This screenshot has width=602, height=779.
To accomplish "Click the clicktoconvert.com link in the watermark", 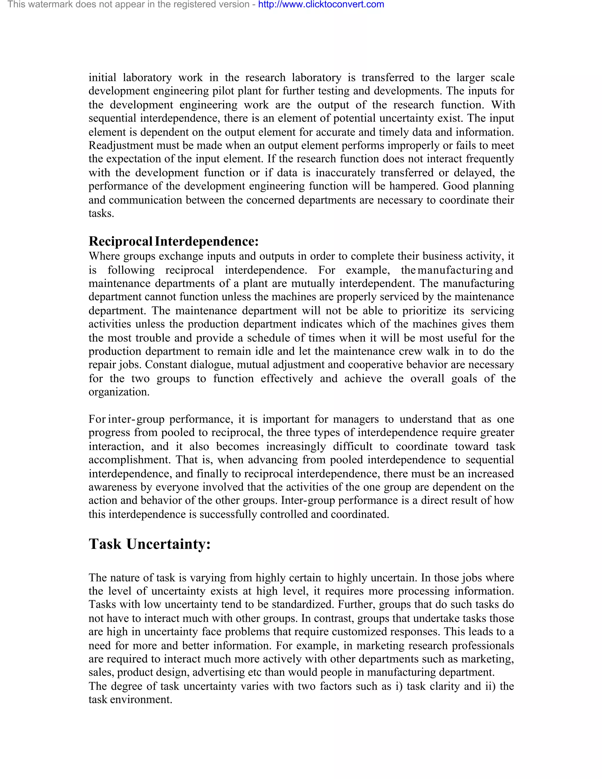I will pyautogui.click(x=321, y=5).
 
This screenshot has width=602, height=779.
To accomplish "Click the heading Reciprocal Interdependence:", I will pyautogui.click(x=173, y=241).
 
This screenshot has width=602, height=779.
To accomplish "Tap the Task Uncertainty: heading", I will pyautogui.click(x=149, y=544).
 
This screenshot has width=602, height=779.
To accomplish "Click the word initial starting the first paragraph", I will pyautogui.click(x=102, y=77).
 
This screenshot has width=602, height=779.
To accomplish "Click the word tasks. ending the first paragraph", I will pyautogui.click(x=101, y=213).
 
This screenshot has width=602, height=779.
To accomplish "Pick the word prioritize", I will pyautogui.click(x=424, y=311).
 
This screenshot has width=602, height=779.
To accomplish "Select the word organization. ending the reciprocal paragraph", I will pyautogui.click(x=119, y=392).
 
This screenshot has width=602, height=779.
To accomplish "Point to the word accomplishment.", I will pyautogui.click(x=129, y=460).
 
